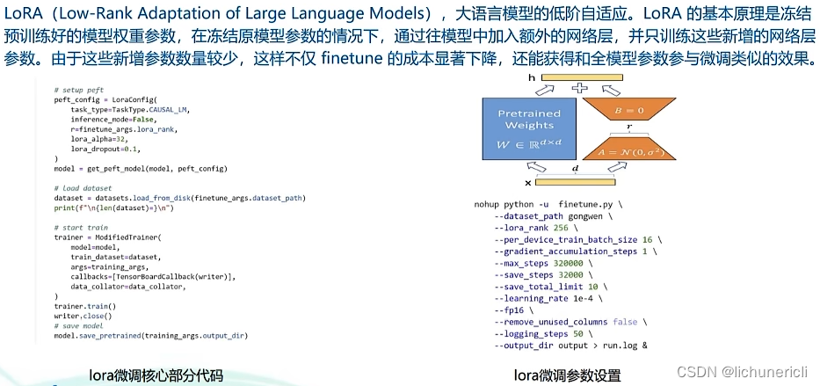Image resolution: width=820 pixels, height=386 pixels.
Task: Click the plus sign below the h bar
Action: (x=578, y=88)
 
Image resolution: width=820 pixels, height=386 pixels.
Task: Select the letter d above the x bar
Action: (x=576, y=167)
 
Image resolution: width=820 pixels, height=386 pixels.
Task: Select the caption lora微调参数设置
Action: (x=567, y=375)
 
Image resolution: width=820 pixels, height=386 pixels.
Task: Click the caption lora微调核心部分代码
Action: (x=156, y=375)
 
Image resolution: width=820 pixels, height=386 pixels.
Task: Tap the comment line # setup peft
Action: (x=78, y=91)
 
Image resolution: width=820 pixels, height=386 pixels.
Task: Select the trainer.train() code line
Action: (x=84, y=306)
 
